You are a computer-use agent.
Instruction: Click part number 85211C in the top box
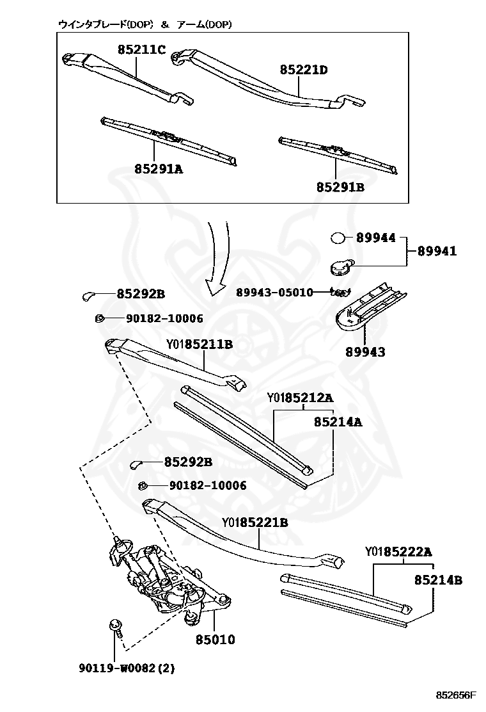141,49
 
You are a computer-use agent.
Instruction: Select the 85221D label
303,70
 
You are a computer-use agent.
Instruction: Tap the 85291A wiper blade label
159,169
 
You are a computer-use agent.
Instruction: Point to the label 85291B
340,188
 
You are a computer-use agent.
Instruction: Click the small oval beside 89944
338,238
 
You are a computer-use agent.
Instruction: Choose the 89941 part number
437,252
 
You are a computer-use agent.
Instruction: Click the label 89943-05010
274,293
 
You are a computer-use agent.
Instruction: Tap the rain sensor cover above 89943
371,306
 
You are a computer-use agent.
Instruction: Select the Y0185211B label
200,344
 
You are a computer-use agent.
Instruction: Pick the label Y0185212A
301,398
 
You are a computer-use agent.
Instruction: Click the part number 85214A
338,422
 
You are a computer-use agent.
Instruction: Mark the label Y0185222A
399,551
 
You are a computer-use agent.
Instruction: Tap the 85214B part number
437,581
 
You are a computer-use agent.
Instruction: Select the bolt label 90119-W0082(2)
127,668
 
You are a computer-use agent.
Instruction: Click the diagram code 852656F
457,695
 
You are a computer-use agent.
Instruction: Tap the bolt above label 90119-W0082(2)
115,625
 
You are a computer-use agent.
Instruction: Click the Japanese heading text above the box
145,24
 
